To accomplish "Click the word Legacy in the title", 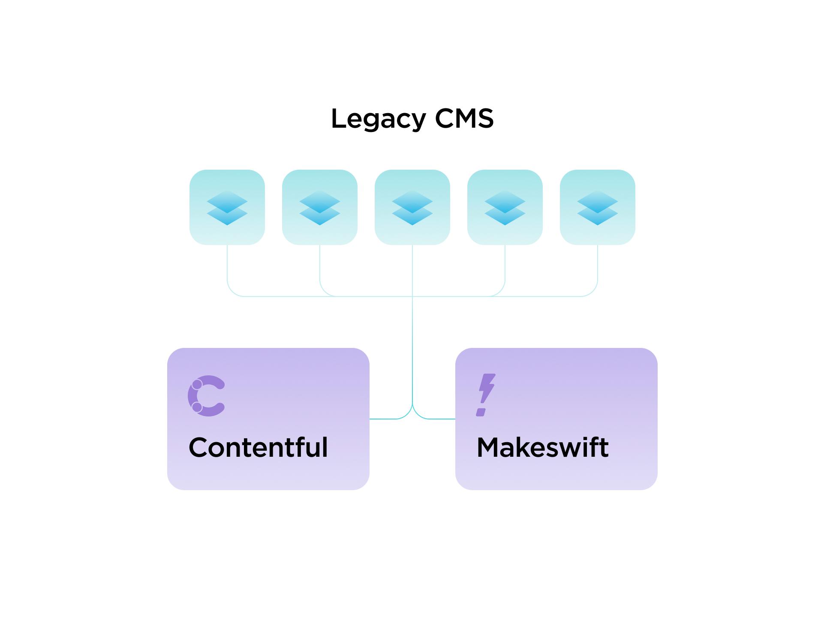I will pos(379,119).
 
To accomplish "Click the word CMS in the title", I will pos(464,119).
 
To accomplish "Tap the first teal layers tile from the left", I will pos(227,207).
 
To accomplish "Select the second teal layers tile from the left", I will pos(320,207).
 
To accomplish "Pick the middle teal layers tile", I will pos(412,207).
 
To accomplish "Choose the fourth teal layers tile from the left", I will pos(505,207).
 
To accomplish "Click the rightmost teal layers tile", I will pos(598,207).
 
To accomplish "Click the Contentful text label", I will pos(258,448).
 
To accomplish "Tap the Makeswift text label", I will pos(542,448).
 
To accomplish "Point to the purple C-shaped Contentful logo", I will pos(206,396).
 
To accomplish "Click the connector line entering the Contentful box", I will pos(382,419).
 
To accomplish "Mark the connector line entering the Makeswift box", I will pos(442,419).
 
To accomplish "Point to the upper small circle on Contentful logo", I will pos(197,384).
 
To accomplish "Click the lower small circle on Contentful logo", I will pos(197,407).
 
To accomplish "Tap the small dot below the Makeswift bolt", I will pos(481,412).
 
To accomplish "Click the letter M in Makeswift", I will pos(488,448).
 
